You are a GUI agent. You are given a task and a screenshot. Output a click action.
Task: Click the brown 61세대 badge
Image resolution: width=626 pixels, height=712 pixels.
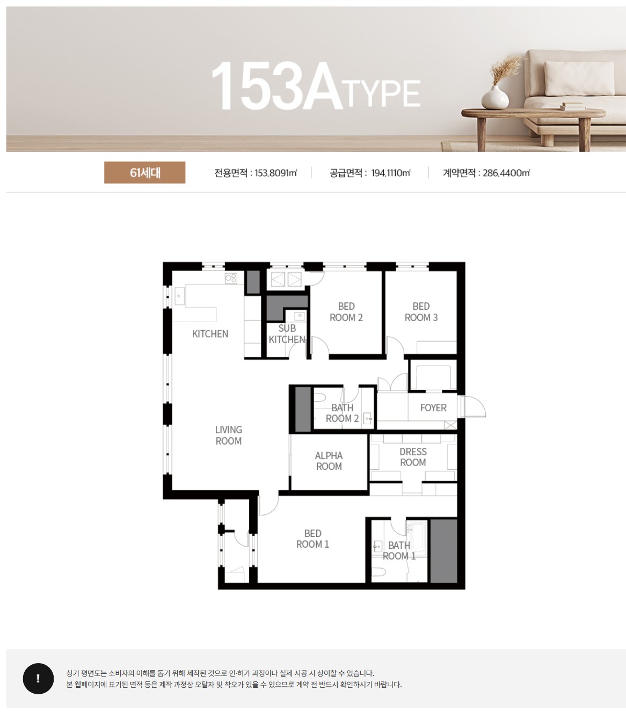coord(144,172)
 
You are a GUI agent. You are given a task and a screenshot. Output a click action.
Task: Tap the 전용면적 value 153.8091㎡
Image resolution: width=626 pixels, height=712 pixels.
coord(276,172)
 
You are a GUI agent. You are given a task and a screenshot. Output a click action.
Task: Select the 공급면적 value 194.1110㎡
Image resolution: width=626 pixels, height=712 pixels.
coord(391,172)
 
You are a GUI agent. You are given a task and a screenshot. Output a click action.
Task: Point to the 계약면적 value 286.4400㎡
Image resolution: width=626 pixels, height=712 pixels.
coord(506,172)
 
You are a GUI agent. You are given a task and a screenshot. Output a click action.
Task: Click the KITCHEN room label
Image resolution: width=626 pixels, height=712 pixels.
coord(210,333)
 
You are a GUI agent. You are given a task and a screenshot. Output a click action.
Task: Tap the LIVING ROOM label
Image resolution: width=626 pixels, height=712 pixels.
coord(229,435)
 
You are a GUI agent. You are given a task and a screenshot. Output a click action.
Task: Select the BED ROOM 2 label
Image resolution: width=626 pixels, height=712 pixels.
coord(346,312)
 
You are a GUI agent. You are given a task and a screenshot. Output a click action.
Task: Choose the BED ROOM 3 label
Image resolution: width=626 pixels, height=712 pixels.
coord(421,312)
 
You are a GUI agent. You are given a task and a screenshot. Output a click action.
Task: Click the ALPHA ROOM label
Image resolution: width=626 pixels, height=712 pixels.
coord(329,461)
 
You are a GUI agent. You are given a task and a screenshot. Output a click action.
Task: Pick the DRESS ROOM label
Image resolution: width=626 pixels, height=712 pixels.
coord(413,457)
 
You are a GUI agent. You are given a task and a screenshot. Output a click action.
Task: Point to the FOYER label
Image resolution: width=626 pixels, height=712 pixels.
coord(433,408)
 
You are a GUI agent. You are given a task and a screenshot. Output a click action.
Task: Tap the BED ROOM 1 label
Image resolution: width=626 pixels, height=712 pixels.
coord(312,539)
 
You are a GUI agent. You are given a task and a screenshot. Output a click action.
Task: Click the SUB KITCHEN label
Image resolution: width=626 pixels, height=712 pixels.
coord(287,334)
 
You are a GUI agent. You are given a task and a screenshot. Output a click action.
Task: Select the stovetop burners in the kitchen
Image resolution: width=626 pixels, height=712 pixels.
coord(231,278)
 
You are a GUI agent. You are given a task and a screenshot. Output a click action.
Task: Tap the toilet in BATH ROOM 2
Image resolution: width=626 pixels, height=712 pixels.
coord(319,397)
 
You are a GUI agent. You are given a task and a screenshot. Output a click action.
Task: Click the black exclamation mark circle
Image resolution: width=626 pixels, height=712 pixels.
coord(38,678)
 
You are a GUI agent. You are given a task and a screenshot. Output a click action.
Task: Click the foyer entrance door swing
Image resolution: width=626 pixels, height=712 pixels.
coord(475,406)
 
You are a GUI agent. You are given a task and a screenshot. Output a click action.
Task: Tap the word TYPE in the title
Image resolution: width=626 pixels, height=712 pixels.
coord(383,93)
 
